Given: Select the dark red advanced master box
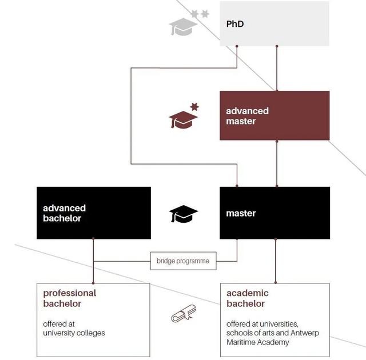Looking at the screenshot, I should click(x=274, y=115).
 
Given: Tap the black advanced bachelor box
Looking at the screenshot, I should click(x=94, y=213).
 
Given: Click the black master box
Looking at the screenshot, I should click(x=274, y=213).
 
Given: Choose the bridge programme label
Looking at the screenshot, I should click(x=183, y=262).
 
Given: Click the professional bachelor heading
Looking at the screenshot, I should click(x=70, y=298).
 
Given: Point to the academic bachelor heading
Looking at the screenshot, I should click(x=248, y=298).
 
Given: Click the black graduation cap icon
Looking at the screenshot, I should click(x=183, y=214).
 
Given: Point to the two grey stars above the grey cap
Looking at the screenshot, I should click(x=200, y=13).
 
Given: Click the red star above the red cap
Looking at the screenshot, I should click(x=194, y=106).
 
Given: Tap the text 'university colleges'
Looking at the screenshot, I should click(x=74, y=333).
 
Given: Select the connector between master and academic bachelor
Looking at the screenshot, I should click(x=276, y=261).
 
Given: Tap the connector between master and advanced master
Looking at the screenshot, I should click(x=277, y=163).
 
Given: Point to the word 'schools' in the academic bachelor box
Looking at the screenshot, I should click(x=240, y=333).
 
